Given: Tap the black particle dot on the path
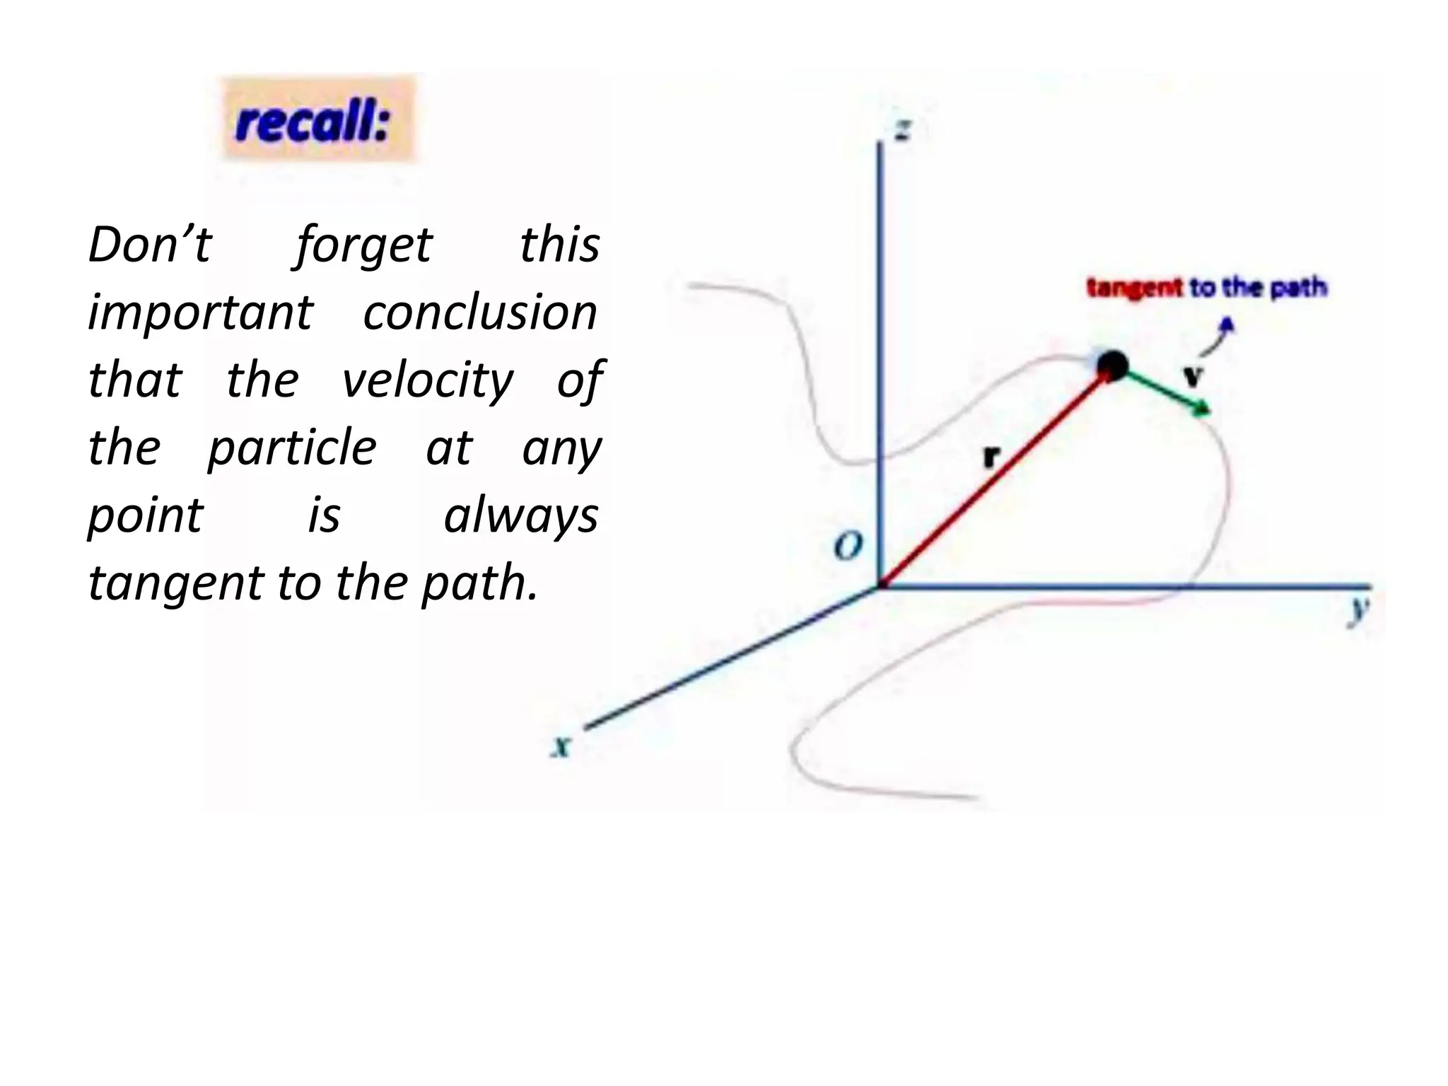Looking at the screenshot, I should click(1112, 366).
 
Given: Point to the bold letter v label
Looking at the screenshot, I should click(1193, 375).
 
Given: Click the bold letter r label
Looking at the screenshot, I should click(992, 456).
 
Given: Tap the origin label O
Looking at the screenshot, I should click(848, 546).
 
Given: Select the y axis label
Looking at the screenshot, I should click(1357, 610).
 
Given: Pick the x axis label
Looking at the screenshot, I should click(561, 746).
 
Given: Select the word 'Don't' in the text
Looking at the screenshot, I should click(149, 245).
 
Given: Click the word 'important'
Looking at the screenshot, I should click(200, 313).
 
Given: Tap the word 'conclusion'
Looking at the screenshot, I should click(480, 313).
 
